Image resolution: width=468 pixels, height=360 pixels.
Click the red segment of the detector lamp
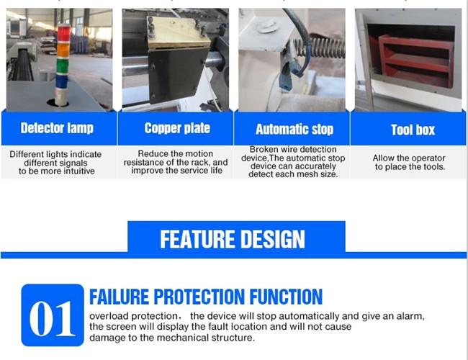[63, 34]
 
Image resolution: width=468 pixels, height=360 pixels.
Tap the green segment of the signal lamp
[63, 66]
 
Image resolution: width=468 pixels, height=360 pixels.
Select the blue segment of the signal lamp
[62, 81]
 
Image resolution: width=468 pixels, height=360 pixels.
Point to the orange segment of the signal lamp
[63, 50]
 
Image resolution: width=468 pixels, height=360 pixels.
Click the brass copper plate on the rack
[179, 33]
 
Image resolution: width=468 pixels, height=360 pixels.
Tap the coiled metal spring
[320, 48]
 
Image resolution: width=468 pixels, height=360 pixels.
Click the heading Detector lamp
[57, 128]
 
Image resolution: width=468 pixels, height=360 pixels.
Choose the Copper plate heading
[177, 128]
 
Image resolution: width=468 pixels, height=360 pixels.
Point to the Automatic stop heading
[294, 130]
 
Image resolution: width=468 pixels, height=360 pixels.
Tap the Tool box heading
[413, 130]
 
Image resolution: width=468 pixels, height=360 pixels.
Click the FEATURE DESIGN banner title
[233, 239]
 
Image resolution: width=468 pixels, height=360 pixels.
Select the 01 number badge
[53, 315]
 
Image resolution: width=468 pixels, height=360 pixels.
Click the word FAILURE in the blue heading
[119, 297]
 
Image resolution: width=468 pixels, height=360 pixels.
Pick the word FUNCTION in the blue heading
[286, 297]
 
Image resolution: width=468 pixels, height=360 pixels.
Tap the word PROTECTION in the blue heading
[199, 297]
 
